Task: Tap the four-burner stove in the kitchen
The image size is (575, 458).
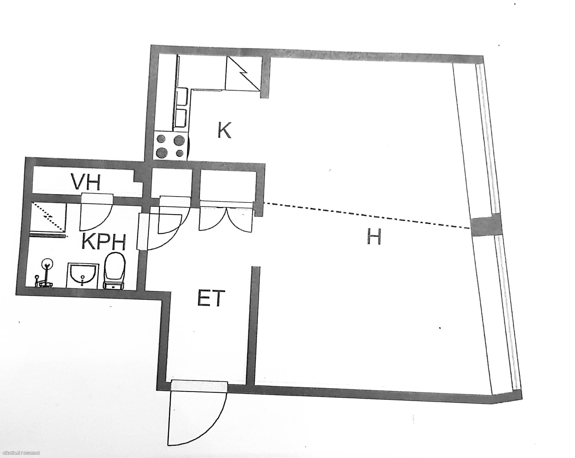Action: click(x=171, y=147)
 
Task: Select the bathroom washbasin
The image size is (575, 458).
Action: click(x=83, y=276)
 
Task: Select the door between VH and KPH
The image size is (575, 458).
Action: click(x=96, y=213)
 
